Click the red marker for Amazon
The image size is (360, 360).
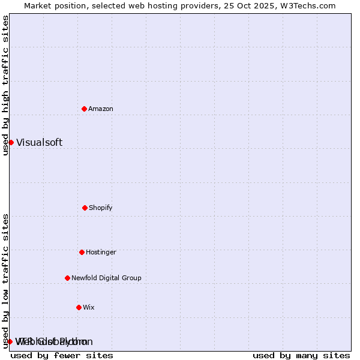(x=84, y=109)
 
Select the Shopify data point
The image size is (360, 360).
(x=85, y=208)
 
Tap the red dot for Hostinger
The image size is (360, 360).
(x=82, y=252)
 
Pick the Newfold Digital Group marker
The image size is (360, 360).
(x=67, y=278)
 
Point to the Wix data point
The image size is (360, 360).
(x=79, y=307)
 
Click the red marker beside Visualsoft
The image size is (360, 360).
(x=11, y=142)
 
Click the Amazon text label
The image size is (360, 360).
(x=101, y=109)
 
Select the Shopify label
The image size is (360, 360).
(x=101, y=208)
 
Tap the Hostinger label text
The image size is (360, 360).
(x=101, y=252)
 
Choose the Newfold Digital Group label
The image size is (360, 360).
(x=106, y=278)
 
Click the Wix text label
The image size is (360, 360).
(x=89, y=307)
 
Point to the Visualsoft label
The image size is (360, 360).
(x=39, y=142)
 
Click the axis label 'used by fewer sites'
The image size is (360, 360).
(x=62, y=355)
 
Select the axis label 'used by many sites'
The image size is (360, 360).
(x=301, y=355)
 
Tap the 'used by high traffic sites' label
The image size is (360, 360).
(x=5, y=85)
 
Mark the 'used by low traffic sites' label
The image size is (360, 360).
(x=5, y=280)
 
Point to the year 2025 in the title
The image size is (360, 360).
(x=269, y=5)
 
